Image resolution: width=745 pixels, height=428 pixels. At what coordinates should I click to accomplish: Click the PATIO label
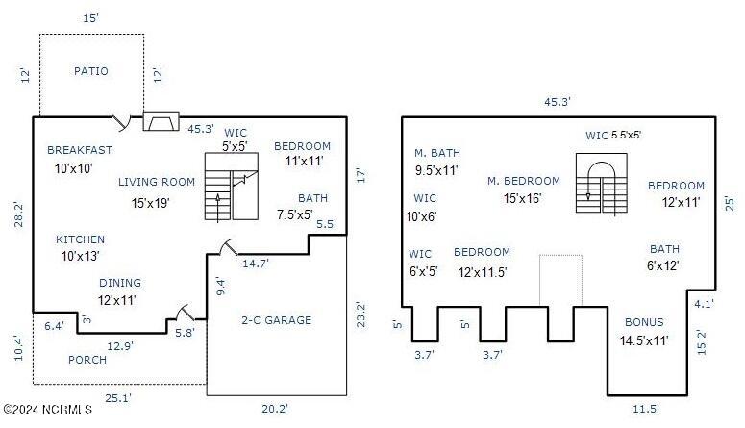tap(90, 71)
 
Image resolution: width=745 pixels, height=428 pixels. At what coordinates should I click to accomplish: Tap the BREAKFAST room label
tap(80, 150)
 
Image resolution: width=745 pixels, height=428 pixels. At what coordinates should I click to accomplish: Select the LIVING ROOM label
tap(157, 182)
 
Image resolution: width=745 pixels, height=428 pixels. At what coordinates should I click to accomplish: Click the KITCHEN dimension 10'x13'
tap(81, 256)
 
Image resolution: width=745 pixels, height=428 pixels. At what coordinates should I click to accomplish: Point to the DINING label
tap(120, 283)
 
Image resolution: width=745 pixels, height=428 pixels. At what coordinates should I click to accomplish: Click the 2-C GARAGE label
tap(277, 320)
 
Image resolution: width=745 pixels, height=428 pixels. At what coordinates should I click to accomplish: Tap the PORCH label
tap(87, 360)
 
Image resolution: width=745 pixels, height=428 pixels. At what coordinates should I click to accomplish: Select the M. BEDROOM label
tap(524, 181)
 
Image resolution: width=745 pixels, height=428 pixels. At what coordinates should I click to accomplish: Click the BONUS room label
tap(644, 322)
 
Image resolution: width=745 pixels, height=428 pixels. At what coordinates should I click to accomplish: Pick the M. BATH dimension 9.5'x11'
tap(436, 170)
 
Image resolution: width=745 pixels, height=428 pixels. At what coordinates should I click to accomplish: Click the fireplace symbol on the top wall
tap(161, 121)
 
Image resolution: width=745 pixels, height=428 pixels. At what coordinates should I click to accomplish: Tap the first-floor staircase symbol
tap(232, 187)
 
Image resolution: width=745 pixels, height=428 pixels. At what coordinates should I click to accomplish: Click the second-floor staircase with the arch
tap(602, 183)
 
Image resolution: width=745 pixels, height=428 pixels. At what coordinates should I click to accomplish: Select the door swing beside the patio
tap(121, 123)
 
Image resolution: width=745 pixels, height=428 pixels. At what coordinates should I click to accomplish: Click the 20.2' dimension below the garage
tap(275, 409)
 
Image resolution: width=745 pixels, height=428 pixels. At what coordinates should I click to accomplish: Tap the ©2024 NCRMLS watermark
tap(47, 409)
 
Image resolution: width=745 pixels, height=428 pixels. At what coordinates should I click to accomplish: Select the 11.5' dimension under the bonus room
tap(646, 409)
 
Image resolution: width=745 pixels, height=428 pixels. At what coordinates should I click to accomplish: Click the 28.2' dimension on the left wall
tap(18, 214)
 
